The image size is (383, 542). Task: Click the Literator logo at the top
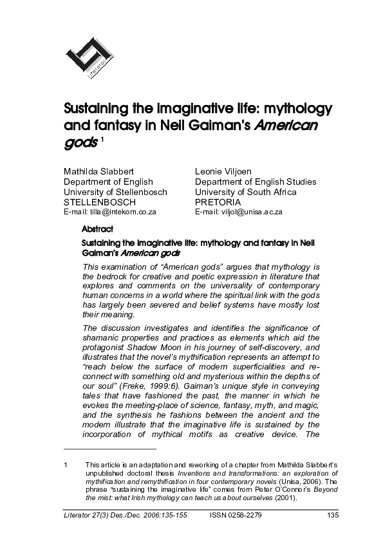click(x=91, y=59)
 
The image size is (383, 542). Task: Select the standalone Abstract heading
click(x=97, y=229)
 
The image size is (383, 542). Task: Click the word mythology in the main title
click(x=299, y=107)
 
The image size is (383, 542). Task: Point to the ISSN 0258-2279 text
click(x=236, y=514)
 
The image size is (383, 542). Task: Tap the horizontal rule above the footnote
click(x=109, y=449)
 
